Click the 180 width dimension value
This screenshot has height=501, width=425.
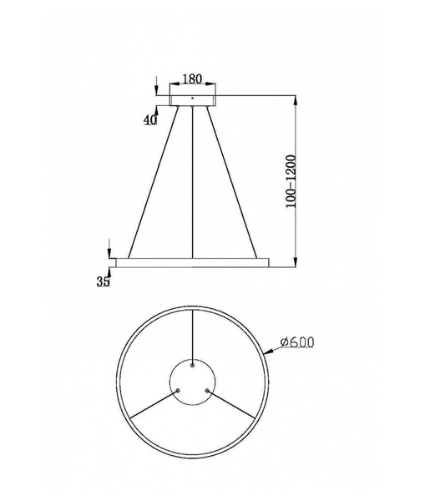pyautogui.click(x=192, y=79)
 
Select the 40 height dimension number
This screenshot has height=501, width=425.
pyautogui.click(x=150, y=119)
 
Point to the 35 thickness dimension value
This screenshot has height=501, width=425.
pyautogui.click(x=104, y=281)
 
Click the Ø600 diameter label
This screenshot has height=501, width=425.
pyautogui.click(x=298, y=343)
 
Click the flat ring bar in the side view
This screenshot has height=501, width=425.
pyautogui.click(x=193, y=262)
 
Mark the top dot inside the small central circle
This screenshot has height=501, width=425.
pyautogui.click(x=193, y=364)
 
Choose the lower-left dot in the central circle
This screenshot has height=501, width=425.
pyautogui.click(x=178, y=387)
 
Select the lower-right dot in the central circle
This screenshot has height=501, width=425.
pyautogui.click(x=207, y=387)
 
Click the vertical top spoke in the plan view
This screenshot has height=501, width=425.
pyautogui.click(x=193, y=334)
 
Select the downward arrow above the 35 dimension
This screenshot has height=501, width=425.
pyautogui.click(x=109, y=250)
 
